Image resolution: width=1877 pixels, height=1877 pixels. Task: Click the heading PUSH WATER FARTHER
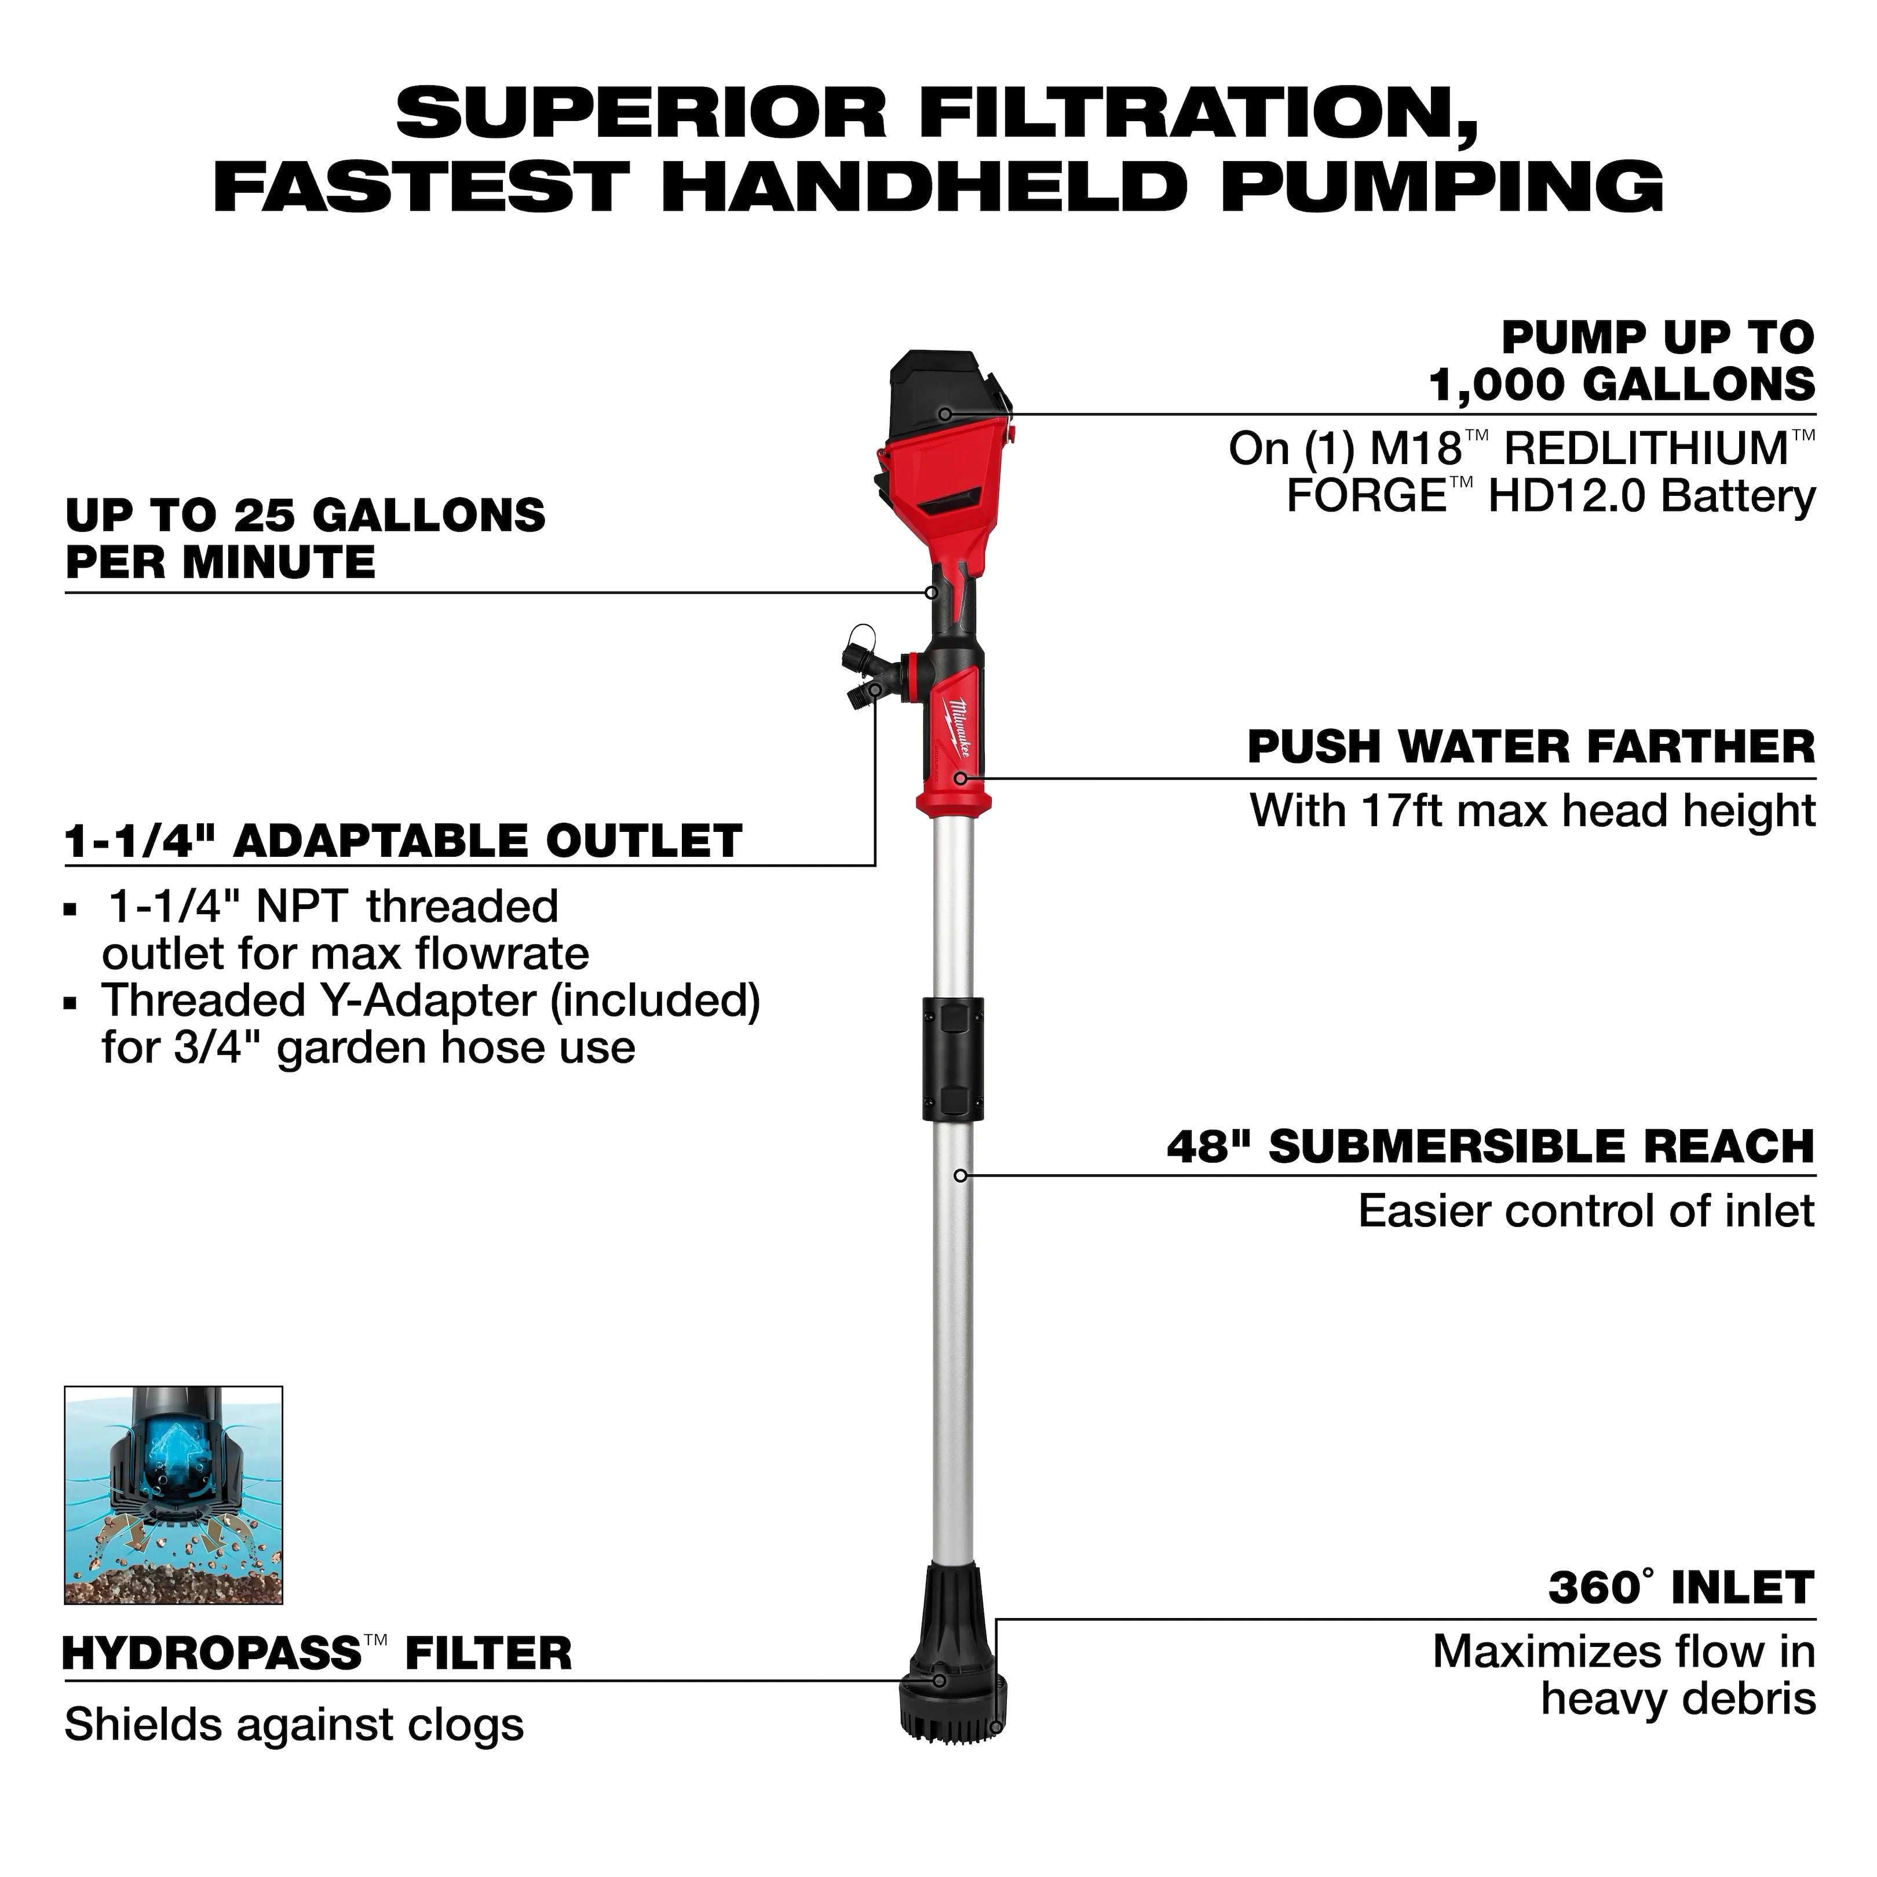point(1530,747)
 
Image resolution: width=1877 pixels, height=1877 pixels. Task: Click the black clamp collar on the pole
point(952,1058)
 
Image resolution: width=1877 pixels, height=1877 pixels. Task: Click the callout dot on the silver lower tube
point(960,1175)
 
